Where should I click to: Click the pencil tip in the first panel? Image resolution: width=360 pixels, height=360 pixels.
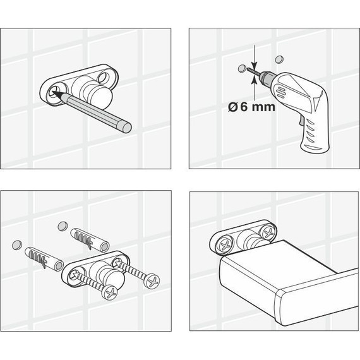point(52,92)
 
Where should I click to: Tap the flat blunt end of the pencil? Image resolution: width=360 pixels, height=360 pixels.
point(126,128)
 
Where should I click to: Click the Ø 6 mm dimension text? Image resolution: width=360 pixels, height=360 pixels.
point(251,107)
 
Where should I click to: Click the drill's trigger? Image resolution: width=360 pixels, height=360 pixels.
point(301,121)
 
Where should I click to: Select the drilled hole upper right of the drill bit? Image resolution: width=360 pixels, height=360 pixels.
point(279,59)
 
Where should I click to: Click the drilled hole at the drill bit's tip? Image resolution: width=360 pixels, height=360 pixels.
point(242,68)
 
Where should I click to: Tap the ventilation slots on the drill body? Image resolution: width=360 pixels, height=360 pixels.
point(280,91)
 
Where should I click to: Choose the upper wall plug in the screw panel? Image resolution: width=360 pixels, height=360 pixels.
point(90,239)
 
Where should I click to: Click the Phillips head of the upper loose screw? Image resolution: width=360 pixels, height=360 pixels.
point(152,281)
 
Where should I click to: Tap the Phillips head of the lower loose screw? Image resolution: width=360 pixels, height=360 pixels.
point(110,292)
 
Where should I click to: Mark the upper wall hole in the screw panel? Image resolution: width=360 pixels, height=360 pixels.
point(62,226)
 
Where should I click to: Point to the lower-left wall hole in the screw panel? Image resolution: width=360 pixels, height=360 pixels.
point(17,245)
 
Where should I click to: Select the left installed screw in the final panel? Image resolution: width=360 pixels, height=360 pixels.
point(225,245)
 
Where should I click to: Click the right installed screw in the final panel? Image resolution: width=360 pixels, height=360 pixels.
point(268,233)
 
